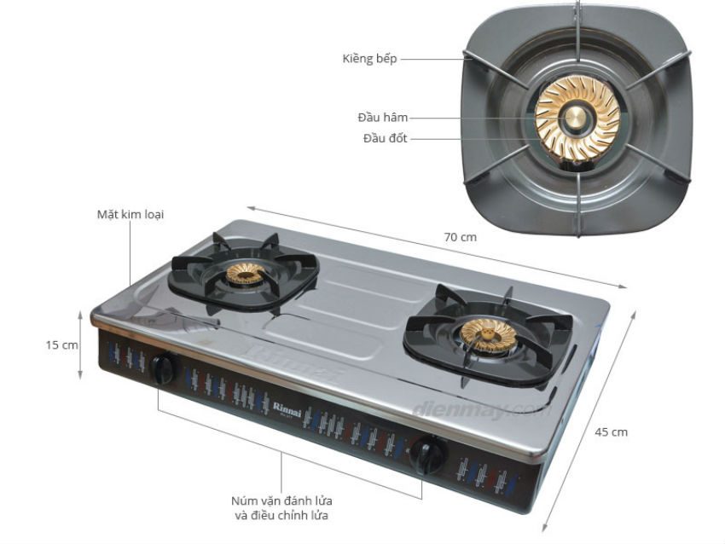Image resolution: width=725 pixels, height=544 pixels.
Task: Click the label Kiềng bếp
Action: (x=369, y=59)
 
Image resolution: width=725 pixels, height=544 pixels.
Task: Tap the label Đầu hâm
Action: (x=382, y=118)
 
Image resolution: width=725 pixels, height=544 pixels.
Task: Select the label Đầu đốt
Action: (x=386, y=138)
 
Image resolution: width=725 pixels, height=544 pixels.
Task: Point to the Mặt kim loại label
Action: (x=130, y=215)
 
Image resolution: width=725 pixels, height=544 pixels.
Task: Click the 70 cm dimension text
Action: (x=460, y=237)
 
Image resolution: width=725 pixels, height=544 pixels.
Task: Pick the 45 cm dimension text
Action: (x=612, y=432)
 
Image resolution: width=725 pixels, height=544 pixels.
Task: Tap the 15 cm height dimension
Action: (x=61, y=344)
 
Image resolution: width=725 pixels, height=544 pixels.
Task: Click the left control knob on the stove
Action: (x=164, y=369)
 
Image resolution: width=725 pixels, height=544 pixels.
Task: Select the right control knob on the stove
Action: (x=427, y=454)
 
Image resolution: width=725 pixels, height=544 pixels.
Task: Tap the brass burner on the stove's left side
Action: (x=246, y=273)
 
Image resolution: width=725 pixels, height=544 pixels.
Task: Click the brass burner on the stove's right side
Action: (x=488, y=335)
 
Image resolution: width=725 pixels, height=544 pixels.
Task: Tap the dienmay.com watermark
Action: (x=481, y=410)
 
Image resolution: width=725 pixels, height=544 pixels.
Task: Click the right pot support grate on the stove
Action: (x=488, y=336)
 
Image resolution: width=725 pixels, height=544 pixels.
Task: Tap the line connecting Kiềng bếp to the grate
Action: (x=432, y=59)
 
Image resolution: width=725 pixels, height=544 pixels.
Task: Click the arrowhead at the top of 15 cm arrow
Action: (x=80, y=315)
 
